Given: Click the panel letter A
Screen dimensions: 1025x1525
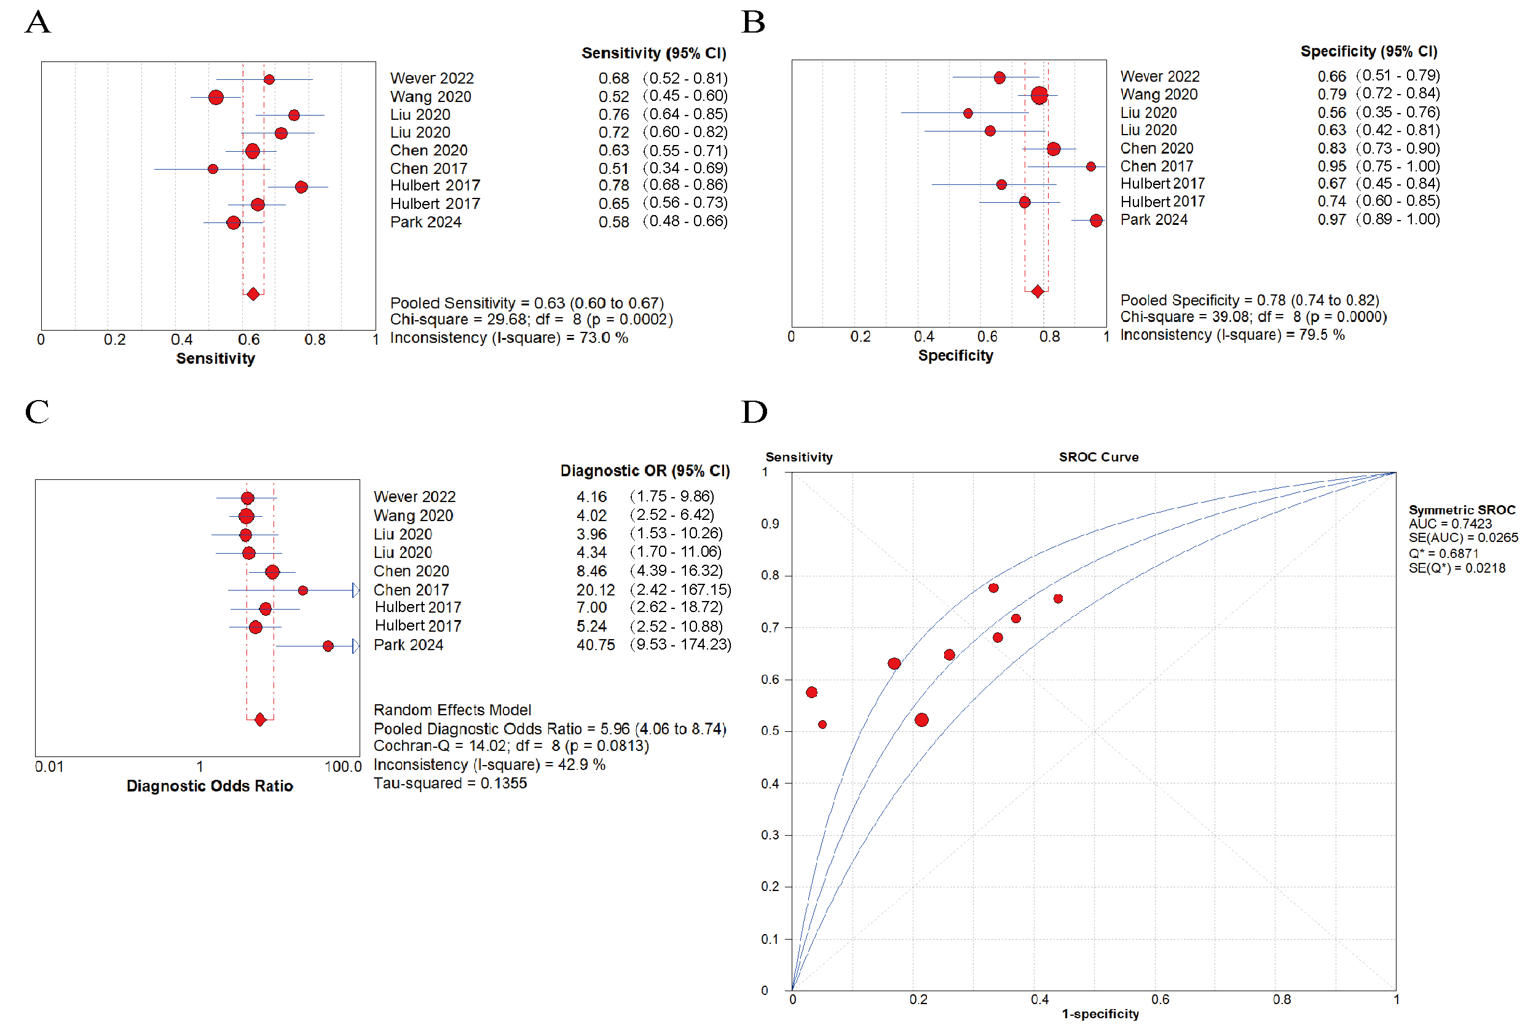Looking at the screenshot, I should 38,22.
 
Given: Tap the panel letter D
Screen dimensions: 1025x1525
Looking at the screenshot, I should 754,412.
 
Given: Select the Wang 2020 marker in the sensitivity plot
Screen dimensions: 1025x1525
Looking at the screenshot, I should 216,98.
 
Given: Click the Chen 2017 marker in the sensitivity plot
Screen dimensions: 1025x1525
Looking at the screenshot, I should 213,168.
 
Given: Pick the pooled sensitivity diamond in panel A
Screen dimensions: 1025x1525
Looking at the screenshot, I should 253,294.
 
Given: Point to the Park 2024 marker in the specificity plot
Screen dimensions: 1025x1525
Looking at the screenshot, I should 1095,220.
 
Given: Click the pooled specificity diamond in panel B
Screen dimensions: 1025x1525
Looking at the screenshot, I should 1037,291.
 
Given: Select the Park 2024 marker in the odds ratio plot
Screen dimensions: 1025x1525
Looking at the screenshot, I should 328,646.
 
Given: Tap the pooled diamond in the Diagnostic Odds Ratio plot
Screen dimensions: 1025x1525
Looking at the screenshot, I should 260,720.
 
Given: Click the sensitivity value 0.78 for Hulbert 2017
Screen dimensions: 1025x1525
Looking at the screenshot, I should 613,186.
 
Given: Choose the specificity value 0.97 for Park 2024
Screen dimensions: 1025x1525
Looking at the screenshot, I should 1331,219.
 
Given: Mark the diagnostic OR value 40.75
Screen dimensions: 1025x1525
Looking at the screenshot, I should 595,645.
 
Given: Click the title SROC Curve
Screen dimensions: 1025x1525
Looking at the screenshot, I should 1098,457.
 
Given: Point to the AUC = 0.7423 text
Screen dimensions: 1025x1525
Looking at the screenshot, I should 1450,524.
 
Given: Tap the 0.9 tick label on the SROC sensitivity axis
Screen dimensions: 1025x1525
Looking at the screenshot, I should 770,524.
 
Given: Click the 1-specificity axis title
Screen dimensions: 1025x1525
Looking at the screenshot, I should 1100,1013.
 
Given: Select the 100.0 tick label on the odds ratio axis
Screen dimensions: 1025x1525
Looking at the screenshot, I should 342,767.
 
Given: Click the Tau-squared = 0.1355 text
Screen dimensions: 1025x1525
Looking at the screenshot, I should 450,783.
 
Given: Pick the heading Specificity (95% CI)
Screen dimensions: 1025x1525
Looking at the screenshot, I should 1368,52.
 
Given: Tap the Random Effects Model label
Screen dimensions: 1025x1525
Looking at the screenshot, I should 452,710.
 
